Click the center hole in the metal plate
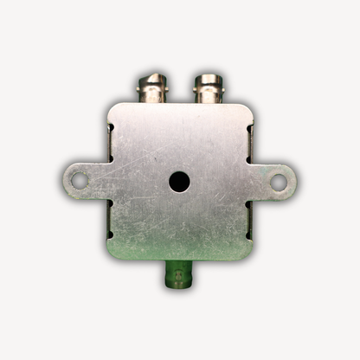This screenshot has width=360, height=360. [x=179, y=181]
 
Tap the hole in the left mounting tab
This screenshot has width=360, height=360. [x=79, y=180]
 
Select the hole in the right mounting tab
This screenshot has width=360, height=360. [x=278, y=180]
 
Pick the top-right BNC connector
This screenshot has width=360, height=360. [x=208, y=89]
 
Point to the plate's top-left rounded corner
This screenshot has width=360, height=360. [x=113, y=108]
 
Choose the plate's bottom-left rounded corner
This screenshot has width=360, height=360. [x=113, y=255]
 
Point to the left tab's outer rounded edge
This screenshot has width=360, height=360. [x=63, y=180]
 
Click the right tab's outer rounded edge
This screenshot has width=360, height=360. [x=294, y=180]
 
